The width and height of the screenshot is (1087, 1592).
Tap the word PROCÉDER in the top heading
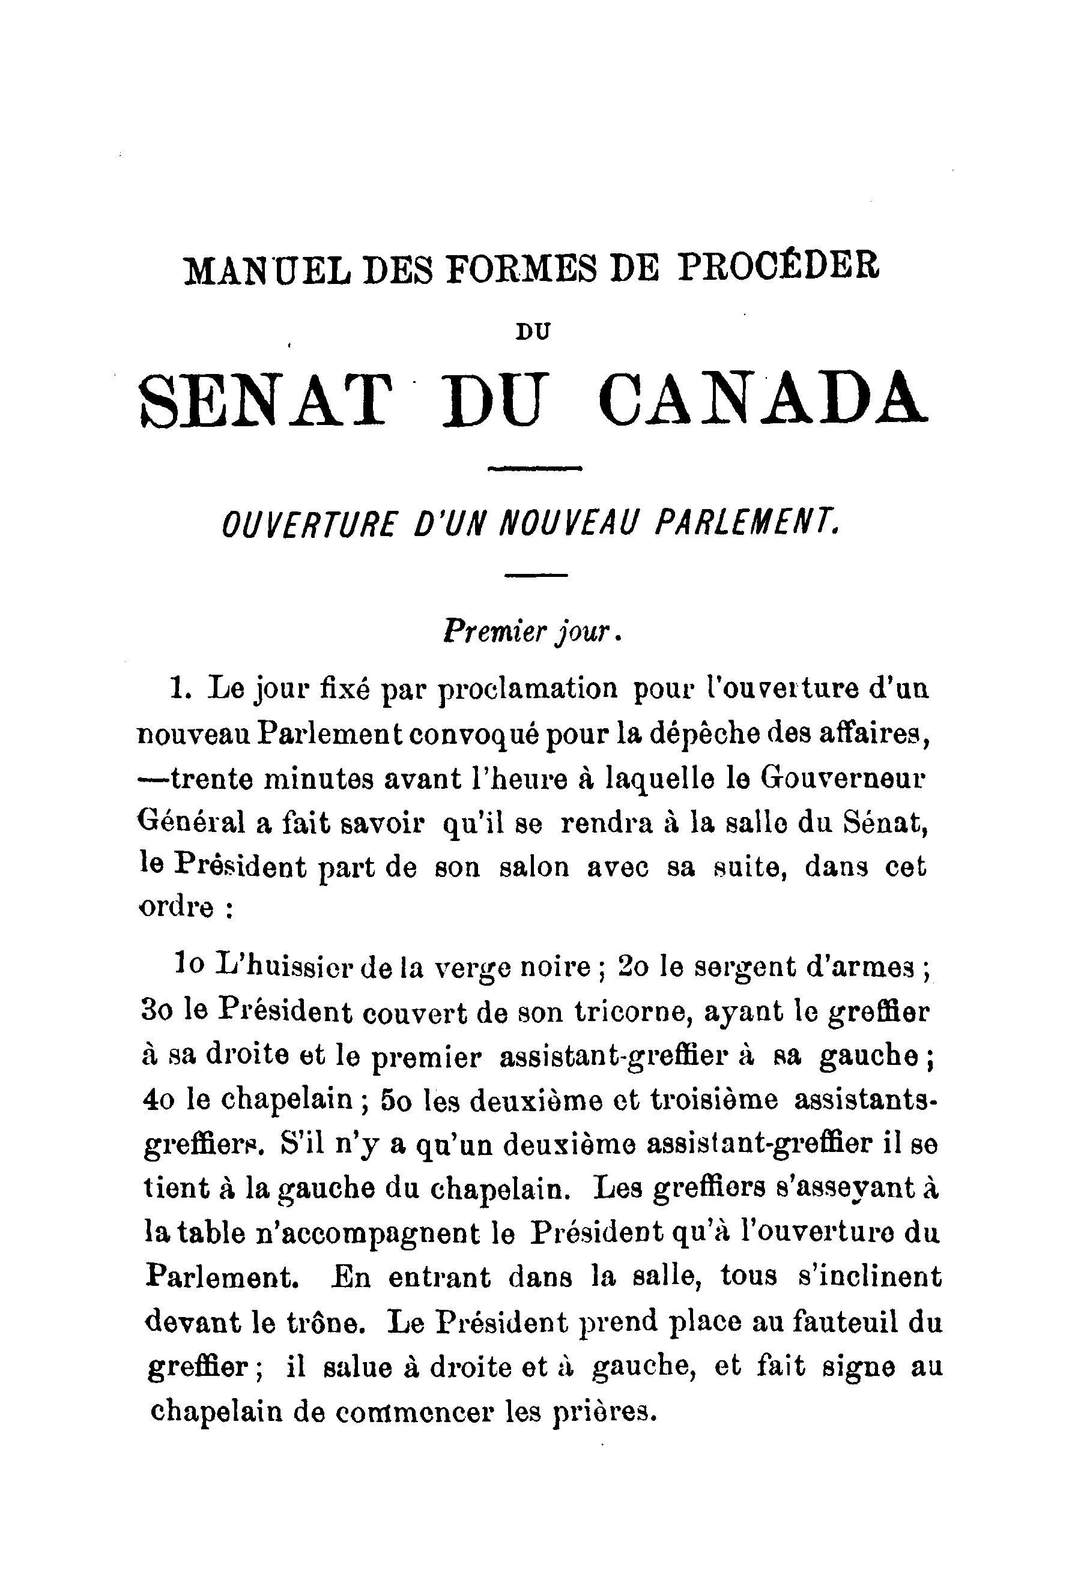coord(777,268)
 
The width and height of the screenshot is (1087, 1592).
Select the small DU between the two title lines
coord(533,331)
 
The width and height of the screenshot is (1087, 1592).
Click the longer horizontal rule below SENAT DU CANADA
coord(534,469)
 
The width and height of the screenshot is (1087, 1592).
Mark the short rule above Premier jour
coord(536,576)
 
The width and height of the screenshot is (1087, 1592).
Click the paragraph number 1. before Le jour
coord(180,687)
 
